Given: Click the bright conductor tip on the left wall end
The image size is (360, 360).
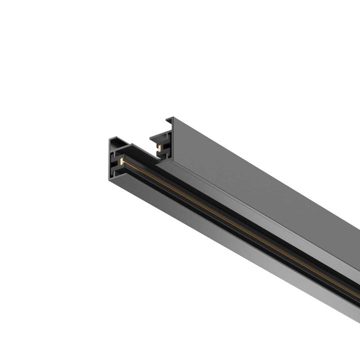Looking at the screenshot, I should click(x=121, y=162).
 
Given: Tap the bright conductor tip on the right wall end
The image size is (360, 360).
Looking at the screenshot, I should click(x=159, y=146).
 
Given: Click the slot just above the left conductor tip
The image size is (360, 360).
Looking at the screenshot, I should click(x=119, y=155).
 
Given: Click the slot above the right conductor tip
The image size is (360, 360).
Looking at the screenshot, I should click(x=158, y=141).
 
